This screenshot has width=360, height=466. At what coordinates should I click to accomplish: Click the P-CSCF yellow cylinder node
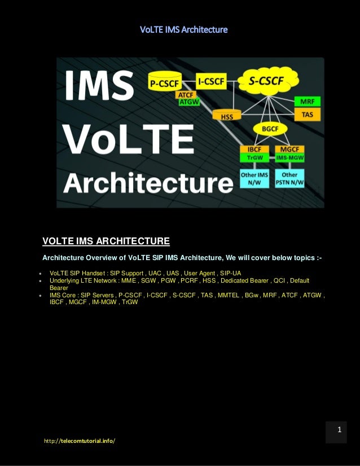164,83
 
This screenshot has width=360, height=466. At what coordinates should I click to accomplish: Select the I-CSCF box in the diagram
212,82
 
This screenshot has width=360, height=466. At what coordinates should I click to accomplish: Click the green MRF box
307,102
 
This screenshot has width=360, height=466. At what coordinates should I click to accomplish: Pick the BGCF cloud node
270,129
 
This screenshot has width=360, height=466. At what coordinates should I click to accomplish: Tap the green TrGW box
254,158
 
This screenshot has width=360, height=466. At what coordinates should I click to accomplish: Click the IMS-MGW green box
290,159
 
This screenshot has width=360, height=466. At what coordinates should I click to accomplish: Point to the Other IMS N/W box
254,179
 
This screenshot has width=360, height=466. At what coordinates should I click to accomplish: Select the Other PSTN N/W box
289,179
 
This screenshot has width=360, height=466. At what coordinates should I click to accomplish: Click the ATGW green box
188,102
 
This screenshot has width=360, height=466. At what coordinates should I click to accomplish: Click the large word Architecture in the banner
148,183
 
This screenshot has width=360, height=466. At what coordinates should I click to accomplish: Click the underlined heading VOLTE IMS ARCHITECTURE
106,242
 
